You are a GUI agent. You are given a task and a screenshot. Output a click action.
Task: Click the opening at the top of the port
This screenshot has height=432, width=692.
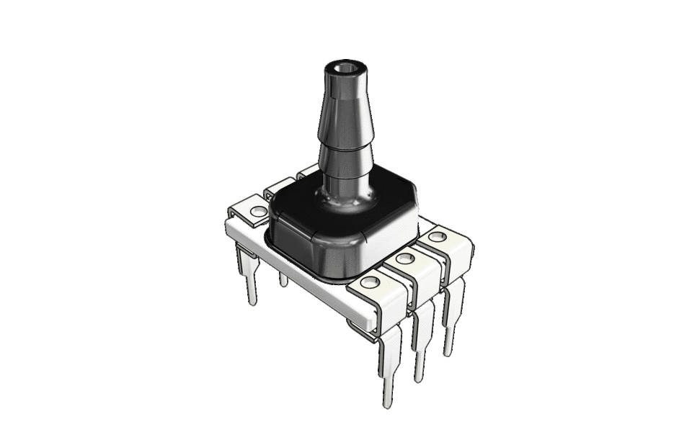tap(345, 69)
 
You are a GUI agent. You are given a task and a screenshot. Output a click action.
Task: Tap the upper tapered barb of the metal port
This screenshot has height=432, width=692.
tap(346, 108)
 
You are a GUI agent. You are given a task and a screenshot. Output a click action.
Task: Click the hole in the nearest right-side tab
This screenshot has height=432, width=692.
tap(371, 283)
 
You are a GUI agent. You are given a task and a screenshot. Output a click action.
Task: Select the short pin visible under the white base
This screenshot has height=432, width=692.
tap(283, 279)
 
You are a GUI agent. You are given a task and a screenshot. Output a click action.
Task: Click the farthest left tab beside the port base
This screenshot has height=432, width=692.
tap(306, 171)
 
